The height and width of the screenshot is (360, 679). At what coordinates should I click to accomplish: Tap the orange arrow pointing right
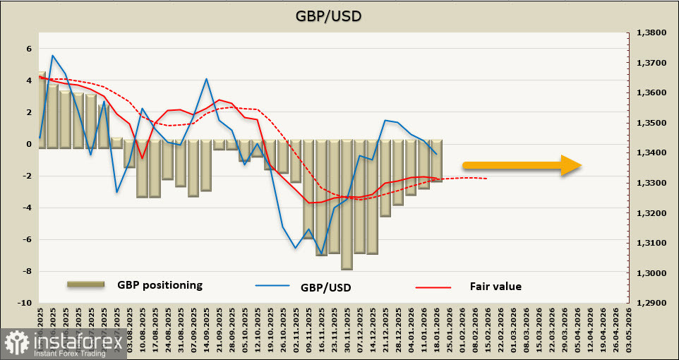[522, 166]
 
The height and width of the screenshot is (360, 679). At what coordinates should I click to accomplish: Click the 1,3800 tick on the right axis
[651, 32]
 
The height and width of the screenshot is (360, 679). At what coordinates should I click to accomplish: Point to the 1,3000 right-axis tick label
[651, 273]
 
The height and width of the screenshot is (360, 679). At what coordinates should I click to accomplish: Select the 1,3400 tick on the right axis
[651, 152]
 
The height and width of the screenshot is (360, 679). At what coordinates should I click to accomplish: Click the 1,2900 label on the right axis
[651, 303]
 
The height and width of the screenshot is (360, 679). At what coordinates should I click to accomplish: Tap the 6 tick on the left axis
[30, 49]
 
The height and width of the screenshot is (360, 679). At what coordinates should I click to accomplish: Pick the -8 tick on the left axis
[28, 271]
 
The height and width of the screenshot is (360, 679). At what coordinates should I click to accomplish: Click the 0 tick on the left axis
[30, 144]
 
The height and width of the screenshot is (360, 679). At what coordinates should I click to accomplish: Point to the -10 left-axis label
[25, 303]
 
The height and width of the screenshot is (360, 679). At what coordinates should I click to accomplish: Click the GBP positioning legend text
[160, 285]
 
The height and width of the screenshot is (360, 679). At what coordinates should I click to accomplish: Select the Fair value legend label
[495, 286]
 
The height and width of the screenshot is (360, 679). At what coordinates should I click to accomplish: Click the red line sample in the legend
[432, 287]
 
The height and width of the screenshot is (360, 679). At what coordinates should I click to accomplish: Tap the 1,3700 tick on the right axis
[651, 63]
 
